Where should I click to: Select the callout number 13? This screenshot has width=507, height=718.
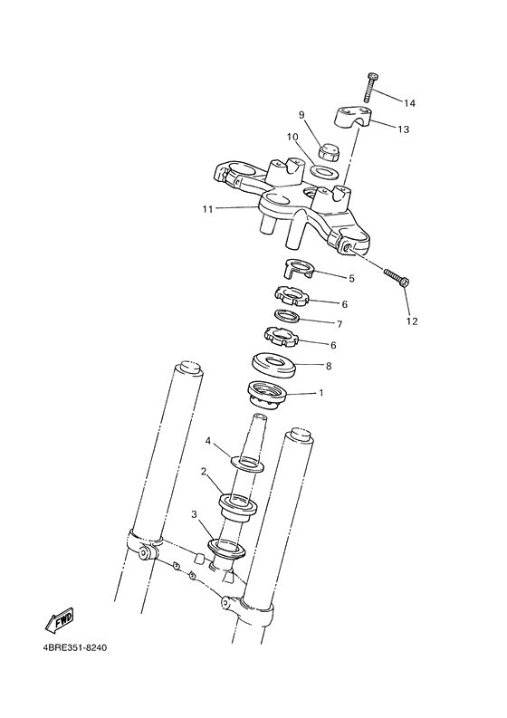(x=403, y=129)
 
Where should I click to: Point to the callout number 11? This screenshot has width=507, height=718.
(x=207, y=209)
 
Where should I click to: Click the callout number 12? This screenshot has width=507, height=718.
(x=412, y=321)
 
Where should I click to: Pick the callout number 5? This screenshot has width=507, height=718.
(x=351, y=278)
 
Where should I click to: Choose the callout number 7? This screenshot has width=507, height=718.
(x=339, y=323)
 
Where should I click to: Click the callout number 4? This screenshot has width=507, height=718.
(x=207, y=441)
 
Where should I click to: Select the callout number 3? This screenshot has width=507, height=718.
(x=194, y=514)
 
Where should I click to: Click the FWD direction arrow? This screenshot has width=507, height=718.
(x=59, y=621)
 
